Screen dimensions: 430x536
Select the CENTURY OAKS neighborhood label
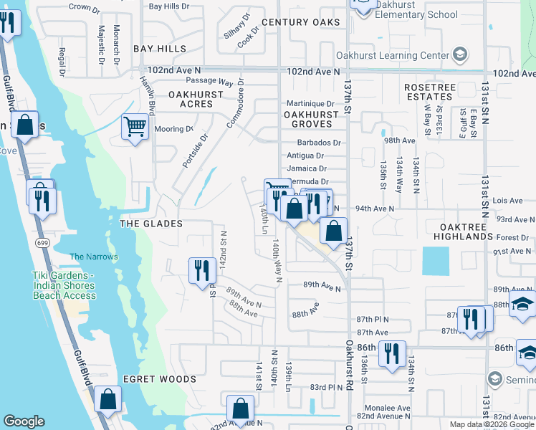300,22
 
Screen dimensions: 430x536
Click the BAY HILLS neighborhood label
160,49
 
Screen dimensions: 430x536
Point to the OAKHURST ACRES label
191,99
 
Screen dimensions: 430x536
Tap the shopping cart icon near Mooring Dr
135,128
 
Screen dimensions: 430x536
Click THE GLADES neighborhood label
148,224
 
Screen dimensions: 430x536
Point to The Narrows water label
93,257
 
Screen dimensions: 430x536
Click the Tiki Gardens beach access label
64,285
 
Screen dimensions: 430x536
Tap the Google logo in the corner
24,421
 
